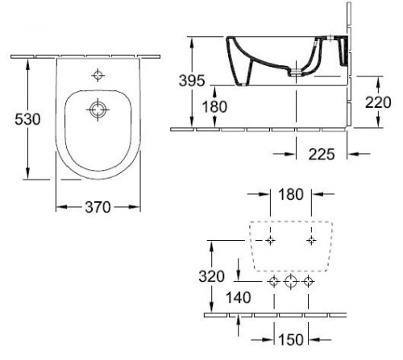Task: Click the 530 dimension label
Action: point(15,118)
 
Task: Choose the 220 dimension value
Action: point(385,103)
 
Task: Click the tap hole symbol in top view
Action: point(98,76)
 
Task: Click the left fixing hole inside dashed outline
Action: point(270,240)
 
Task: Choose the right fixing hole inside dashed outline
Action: point(310,240)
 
